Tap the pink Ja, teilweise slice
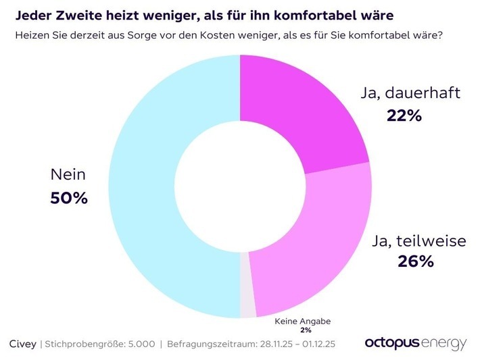(x=311, y=250)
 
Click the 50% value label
(x=69, y=199)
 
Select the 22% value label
(x=404, y=115)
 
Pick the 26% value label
(x=416, y=261)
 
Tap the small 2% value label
(x=306, y=330)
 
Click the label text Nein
(x=68, y=175)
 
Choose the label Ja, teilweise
(x=420, y=240)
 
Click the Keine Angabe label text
(x=306, y=322)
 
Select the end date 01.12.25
(x=317, y=344)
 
